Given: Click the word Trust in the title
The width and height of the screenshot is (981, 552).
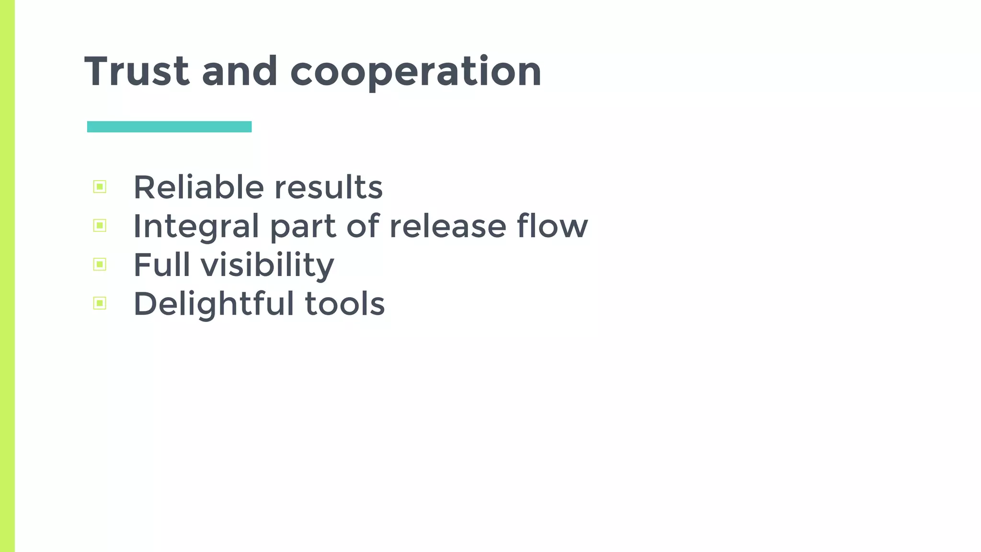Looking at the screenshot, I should point(137,72).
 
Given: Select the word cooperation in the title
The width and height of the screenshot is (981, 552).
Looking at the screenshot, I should point(416,72).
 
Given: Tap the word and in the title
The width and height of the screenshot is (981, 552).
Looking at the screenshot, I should point(240,72).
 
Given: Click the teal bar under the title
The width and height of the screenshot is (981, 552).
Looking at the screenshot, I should point(169,126).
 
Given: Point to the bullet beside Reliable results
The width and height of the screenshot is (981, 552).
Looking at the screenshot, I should point(100,186).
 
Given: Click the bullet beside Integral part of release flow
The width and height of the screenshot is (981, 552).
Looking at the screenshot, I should point(100,225).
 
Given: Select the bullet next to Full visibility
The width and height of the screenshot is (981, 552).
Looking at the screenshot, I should point(100,264).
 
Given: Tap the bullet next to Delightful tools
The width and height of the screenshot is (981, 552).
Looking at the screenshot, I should point(100,303).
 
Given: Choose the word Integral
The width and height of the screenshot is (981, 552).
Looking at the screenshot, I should point(196,226).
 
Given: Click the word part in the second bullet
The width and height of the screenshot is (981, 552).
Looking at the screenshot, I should point(303,227).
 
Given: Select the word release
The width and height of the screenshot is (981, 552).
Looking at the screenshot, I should point(448,226).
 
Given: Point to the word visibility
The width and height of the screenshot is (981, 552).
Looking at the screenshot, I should point(267,265).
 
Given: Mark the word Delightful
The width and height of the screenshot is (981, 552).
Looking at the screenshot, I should point(214,304).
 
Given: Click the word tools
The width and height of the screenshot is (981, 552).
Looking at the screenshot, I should point(345,304).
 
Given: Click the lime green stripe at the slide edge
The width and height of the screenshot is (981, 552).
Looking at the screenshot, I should point(7,276).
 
